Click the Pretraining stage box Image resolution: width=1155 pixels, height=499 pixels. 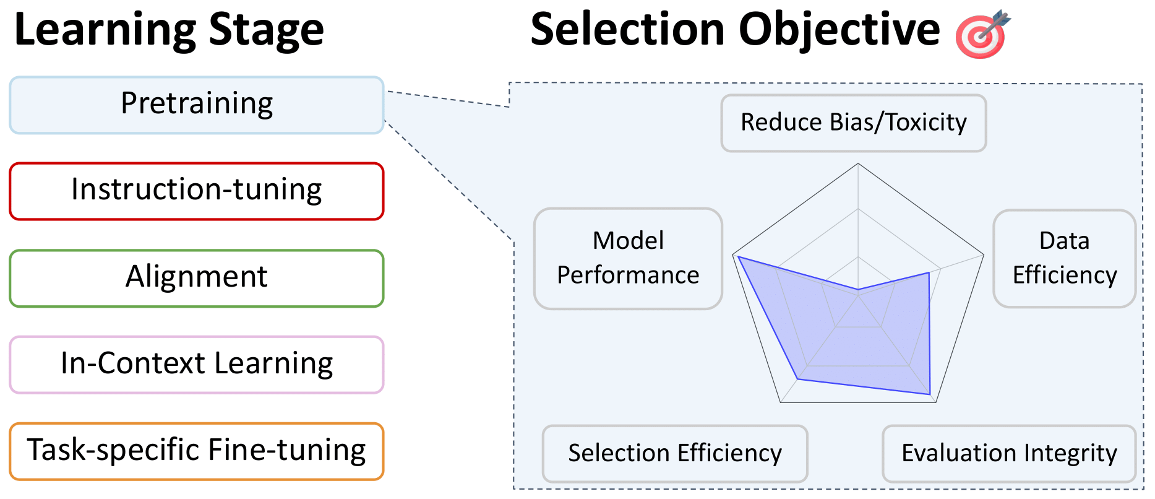tap(197, 105)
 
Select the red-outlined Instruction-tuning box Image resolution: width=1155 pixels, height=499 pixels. tap(197, 191)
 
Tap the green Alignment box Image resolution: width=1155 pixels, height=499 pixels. tap(197, 278)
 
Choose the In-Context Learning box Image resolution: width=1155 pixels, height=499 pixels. tap(197, 365)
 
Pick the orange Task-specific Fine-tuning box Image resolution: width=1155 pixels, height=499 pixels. tap(197, 451)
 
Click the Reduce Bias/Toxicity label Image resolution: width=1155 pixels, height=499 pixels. tap(853, 123)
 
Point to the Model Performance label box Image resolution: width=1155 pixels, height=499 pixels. tap(628, 258)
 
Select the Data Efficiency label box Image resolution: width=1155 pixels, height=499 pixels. tap(1064, 258)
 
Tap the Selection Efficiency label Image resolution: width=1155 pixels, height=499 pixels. tap(674, 453)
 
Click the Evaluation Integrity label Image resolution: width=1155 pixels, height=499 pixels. tap(1009, 453)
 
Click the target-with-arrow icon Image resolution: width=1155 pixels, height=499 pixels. tap(982, 34)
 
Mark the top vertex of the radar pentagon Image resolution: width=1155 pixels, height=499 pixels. tap(858, 163)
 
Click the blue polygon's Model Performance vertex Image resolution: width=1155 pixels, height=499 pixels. tap(739, 256)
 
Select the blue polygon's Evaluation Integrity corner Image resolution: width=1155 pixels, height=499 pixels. tap(930, 394)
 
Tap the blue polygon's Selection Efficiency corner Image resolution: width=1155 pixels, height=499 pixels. tap(798, 378)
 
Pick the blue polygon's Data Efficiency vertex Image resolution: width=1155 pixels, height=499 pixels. tap(929, 273)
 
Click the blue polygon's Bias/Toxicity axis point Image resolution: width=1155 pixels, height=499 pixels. tap(858, 289)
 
